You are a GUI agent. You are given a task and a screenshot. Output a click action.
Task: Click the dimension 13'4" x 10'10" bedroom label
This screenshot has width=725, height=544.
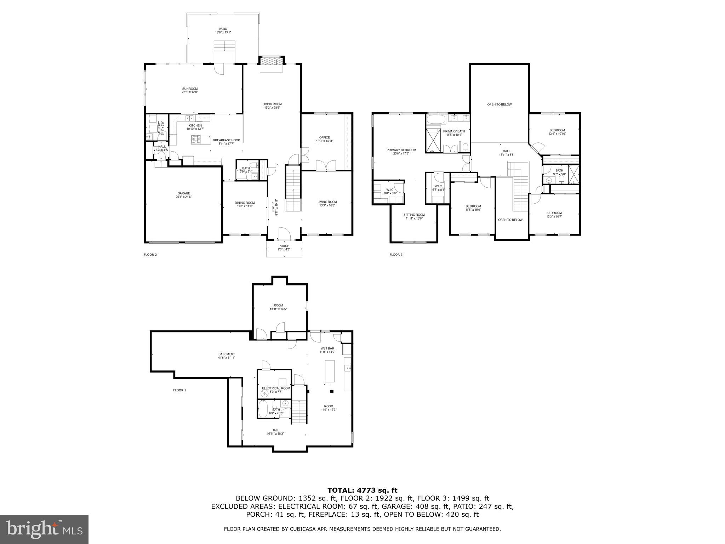(x=557, y=132)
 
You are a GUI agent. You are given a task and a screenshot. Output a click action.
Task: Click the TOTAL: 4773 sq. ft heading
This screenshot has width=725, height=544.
(x=362, y=491)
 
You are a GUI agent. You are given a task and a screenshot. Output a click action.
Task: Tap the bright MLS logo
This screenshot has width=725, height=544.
(x=44, y=529)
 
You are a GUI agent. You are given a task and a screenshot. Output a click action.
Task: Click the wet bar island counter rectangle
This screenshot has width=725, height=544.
(x=330, y=371)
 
